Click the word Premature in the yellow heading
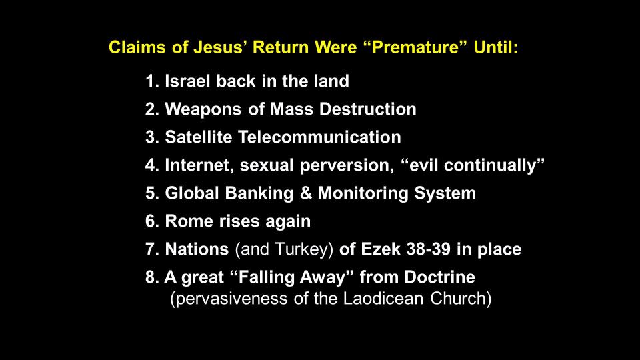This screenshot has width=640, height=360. click(x=415, y=48)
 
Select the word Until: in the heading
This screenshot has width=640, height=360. click(x=496, y=47)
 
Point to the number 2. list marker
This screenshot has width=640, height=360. click(x=152, y=109)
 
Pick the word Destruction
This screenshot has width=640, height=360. click(x=368, y=109)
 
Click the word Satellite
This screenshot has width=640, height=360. click(x=199, y=137)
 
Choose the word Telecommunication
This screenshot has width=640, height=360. click(x=319, y=137)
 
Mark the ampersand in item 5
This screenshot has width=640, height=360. click(x=306, y=193)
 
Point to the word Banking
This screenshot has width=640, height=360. click(x=259, y=193)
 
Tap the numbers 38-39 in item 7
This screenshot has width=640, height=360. click(x=428, y=249)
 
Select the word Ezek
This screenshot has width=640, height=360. click(x=381, y=249)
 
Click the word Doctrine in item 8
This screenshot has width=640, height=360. click(x=440, y=277)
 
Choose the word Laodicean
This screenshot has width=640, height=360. click(x=383, y=299)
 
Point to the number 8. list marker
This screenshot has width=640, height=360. click(x=152, y=277)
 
